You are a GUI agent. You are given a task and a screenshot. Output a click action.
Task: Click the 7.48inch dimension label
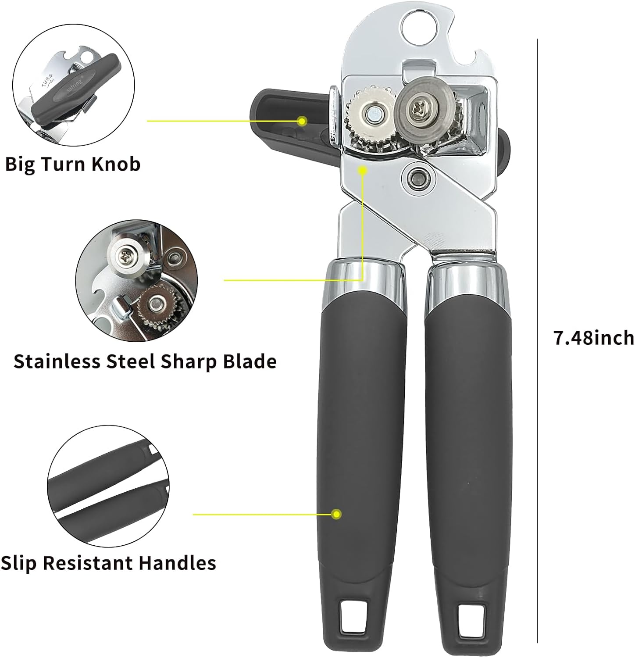tap(593, 337)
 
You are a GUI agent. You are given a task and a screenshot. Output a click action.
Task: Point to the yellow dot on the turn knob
tap(302, 121)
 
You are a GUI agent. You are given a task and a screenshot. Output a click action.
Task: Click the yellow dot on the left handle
tap(336, 514)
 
